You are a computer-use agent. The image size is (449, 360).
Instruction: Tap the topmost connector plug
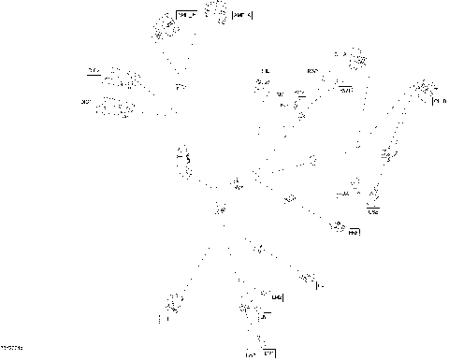218,11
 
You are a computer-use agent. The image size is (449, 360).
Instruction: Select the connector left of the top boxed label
167,28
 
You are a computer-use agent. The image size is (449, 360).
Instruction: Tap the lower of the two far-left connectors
119,108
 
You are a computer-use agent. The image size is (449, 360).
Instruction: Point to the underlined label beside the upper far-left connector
93,70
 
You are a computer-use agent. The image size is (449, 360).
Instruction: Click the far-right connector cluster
426,91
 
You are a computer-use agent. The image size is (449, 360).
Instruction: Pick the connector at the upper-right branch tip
356,60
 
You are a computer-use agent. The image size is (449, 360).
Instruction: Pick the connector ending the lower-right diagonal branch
308,277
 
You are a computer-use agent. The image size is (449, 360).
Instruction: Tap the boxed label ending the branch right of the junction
354,231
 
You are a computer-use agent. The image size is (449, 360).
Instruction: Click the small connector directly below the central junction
221,208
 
